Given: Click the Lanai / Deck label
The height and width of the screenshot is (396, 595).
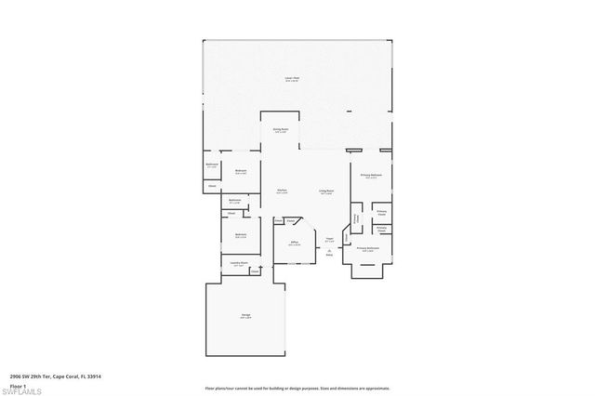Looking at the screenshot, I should click(291, 79).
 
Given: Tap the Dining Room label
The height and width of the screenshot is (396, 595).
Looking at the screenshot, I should click(280, 130).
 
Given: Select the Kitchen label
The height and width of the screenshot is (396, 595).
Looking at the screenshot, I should click(280, 191).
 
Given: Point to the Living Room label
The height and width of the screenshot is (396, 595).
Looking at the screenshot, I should click(327, 191).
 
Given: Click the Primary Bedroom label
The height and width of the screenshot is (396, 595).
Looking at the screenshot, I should click(370, 175).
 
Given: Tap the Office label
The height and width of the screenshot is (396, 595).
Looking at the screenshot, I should click(294, 244).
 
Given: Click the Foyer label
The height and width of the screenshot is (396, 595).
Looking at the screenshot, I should click(329, 239).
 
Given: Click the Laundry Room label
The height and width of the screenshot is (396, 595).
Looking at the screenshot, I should click(239, 263).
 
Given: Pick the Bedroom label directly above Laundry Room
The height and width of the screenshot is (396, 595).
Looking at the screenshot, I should click(241, 234).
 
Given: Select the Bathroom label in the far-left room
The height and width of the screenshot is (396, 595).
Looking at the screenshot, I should click(212, 165).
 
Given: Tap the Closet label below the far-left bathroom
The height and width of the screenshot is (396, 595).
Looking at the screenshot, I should click(212, 184).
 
